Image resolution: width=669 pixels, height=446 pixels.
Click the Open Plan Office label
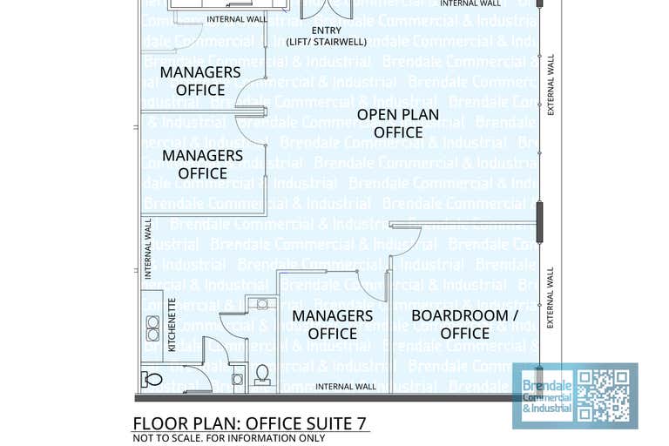click(x=398, y=124)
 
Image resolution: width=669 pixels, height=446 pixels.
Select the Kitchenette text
click(x=172, y=324)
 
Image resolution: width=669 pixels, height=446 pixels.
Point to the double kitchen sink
click(x=152, y=328)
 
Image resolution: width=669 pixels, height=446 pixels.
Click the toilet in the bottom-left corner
click(x=152, y=379)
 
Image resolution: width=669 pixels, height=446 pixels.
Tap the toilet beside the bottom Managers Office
click(x=261, y=375)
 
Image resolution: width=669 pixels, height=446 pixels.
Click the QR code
click(x=604, y=395)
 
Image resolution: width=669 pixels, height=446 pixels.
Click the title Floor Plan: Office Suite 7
click(x=249, y=423)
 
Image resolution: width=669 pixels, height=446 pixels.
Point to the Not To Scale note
click(x=228, y=438)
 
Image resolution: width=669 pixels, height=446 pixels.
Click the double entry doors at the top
click(x=326, y=9)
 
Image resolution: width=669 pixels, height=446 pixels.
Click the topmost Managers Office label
click(x=200, y=81)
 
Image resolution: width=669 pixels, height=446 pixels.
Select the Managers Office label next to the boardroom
click(x=332, y=324)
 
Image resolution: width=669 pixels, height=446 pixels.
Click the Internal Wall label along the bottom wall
click(x=346, y=386)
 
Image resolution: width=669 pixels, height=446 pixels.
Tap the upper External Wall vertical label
click(x=550, y=84)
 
